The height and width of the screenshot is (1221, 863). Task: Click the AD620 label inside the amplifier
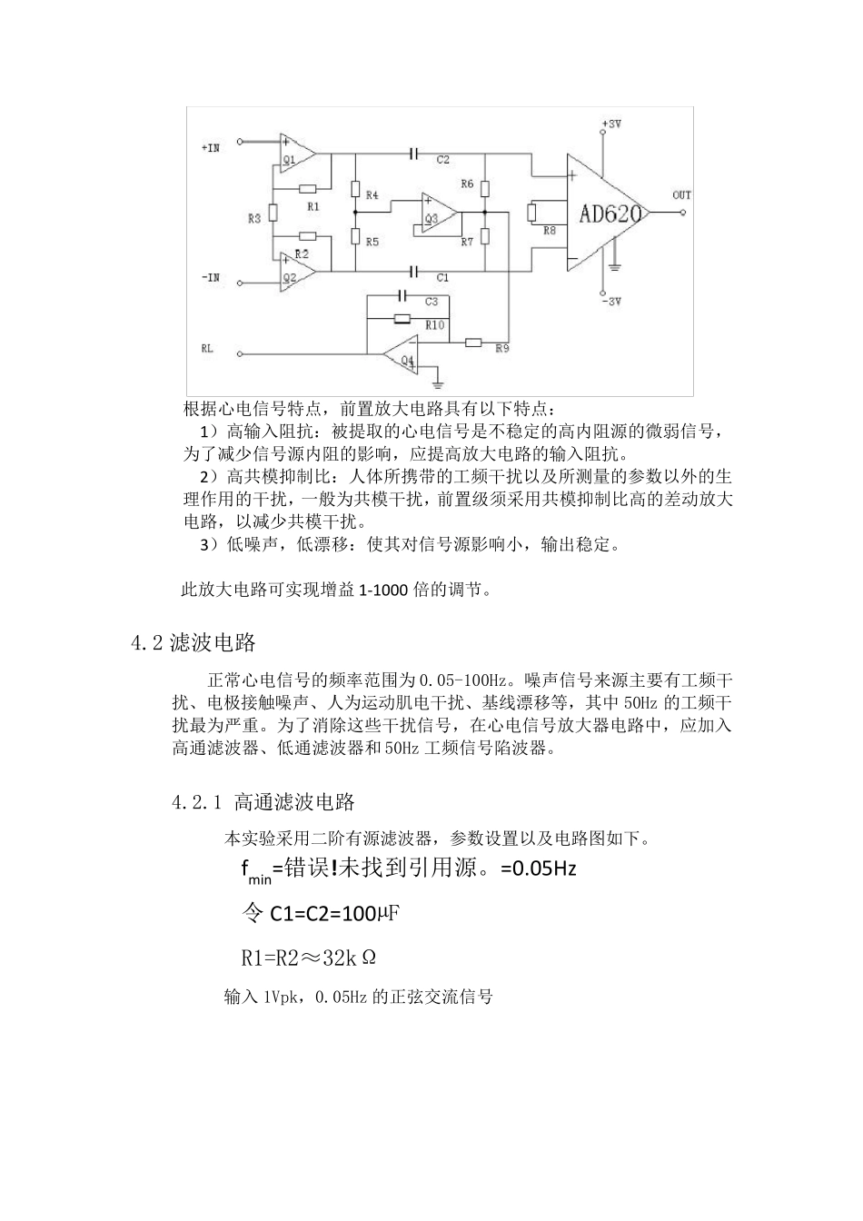click(610, 213)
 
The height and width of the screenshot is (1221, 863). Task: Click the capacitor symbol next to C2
click(414, 154)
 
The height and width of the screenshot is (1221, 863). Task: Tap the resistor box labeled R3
click(273, 218)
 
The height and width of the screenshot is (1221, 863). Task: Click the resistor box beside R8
click(532, 213)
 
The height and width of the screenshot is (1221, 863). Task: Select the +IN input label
click(210, 146)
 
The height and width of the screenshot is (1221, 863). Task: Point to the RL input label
click(207, 348)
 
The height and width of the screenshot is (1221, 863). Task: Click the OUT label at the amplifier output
click(681, 194)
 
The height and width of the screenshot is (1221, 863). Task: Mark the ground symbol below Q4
click(437, 381)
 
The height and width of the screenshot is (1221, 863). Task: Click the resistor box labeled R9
click(473, 342)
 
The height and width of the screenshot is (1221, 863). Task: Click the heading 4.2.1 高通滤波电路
click(263, 802)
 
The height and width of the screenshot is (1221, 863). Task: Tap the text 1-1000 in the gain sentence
click(385, 591)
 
